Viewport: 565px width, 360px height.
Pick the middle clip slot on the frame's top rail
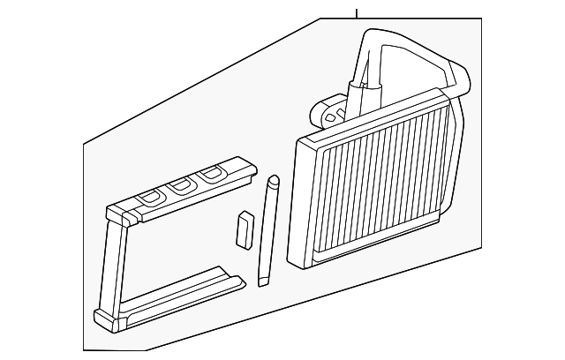(182, 185)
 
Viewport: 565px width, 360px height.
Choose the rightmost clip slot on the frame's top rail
(209, 174)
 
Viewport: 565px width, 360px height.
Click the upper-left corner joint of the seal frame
(116, 214)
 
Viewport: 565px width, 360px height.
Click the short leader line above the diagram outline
(356, 12)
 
